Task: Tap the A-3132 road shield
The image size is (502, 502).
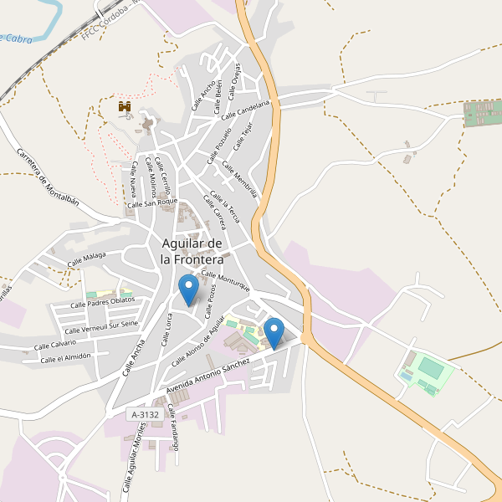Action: coord(144,414)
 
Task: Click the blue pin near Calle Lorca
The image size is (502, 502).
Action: coord(188,289)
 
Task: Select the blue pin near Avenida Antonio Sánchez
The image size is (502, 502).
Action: coord(274,334)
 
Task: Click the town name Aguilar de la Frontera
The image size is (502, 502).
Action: coord(192,251)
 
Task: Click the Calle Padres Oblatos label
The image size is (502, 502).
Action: coord(101,303)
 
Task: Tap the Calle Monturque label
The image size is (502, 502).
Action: coord(226,281)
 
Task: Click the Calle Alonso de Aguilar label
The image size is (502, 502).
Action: coord(198,342)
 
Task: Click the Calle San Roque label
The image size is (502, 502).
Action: coord(152,202)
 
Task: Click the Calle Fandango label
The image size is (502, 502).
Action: coord(173,428)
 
